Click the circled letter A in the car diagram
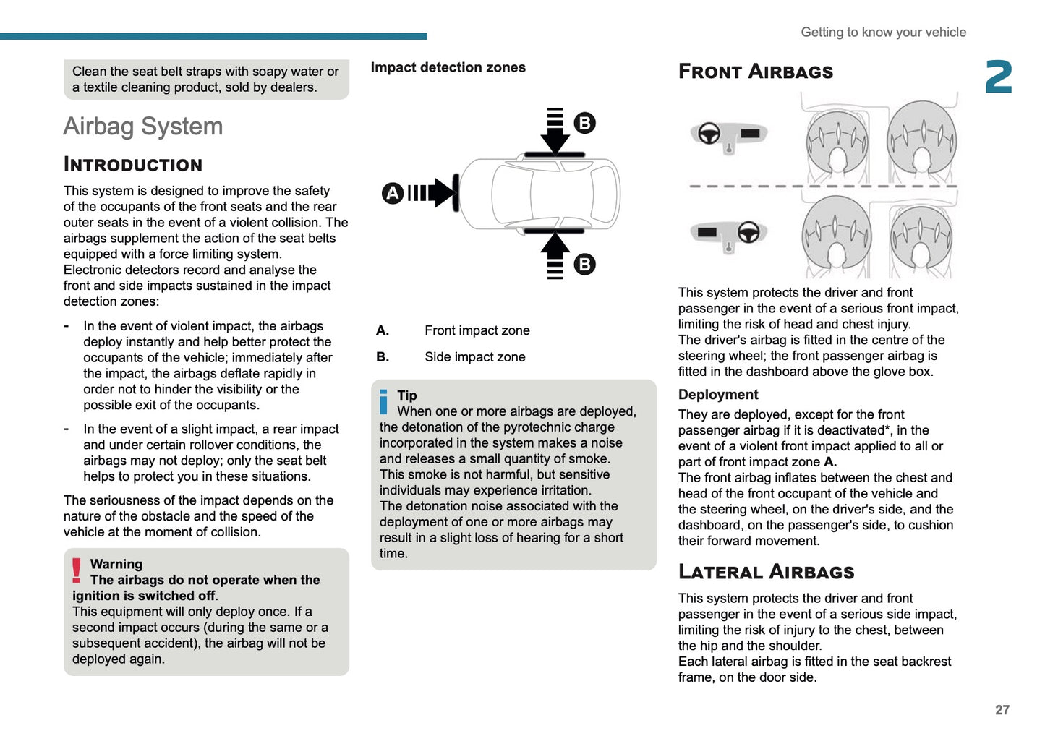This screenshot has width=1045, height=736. point(392,193)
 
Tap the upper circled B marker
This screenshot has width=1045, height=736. point(584,123)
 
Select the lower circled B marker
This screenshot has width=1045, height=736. point(584,264)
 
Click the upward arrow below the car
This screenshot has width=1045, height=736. point(555,253)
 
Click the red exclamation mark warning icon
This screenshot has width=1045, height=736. point(77,570)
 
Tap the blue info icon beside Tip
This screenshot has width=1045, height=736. point(384,402)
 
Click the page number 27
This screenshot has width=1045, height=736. point(1002,710)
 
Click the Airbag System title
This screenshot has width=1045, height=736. point(143,127)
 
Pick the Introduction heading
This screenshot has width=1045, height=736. point(133,165)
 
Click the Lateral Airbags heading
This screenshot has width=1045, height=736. point(766,572)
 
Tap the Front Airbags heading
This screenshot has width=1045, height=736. point(756,72)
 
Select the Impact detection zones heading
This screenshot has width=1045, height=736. point(448,67)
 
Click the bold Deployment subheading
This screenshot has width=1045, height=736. point(718,395)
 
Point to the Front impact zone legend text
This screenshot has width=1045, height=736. point(477,330)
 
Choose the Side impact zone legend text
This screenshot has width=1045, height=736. point(474,357)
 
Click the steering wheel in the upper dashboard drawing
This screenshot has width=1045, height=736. point(709,134)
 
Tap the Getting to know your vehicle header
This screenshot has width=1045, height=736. point(883,33)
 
